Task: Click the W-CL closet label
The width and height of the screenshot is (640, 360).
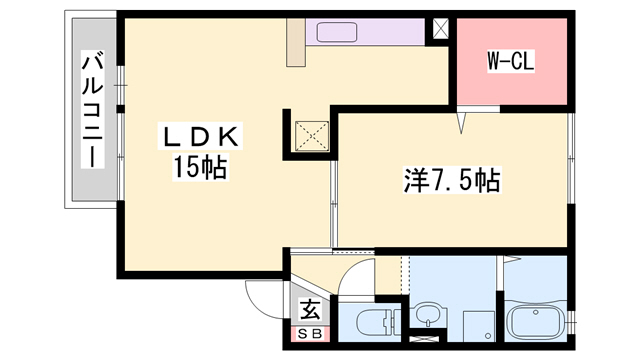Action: coord(511,61)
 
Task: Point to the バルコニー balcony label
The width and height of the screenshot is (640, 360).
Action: coord(91,110)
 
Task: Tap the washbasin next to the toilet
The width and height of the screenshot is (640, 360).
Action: coord(427,315)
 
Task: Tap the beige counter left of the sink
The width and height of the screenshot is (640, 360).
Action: coord(296,43)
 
